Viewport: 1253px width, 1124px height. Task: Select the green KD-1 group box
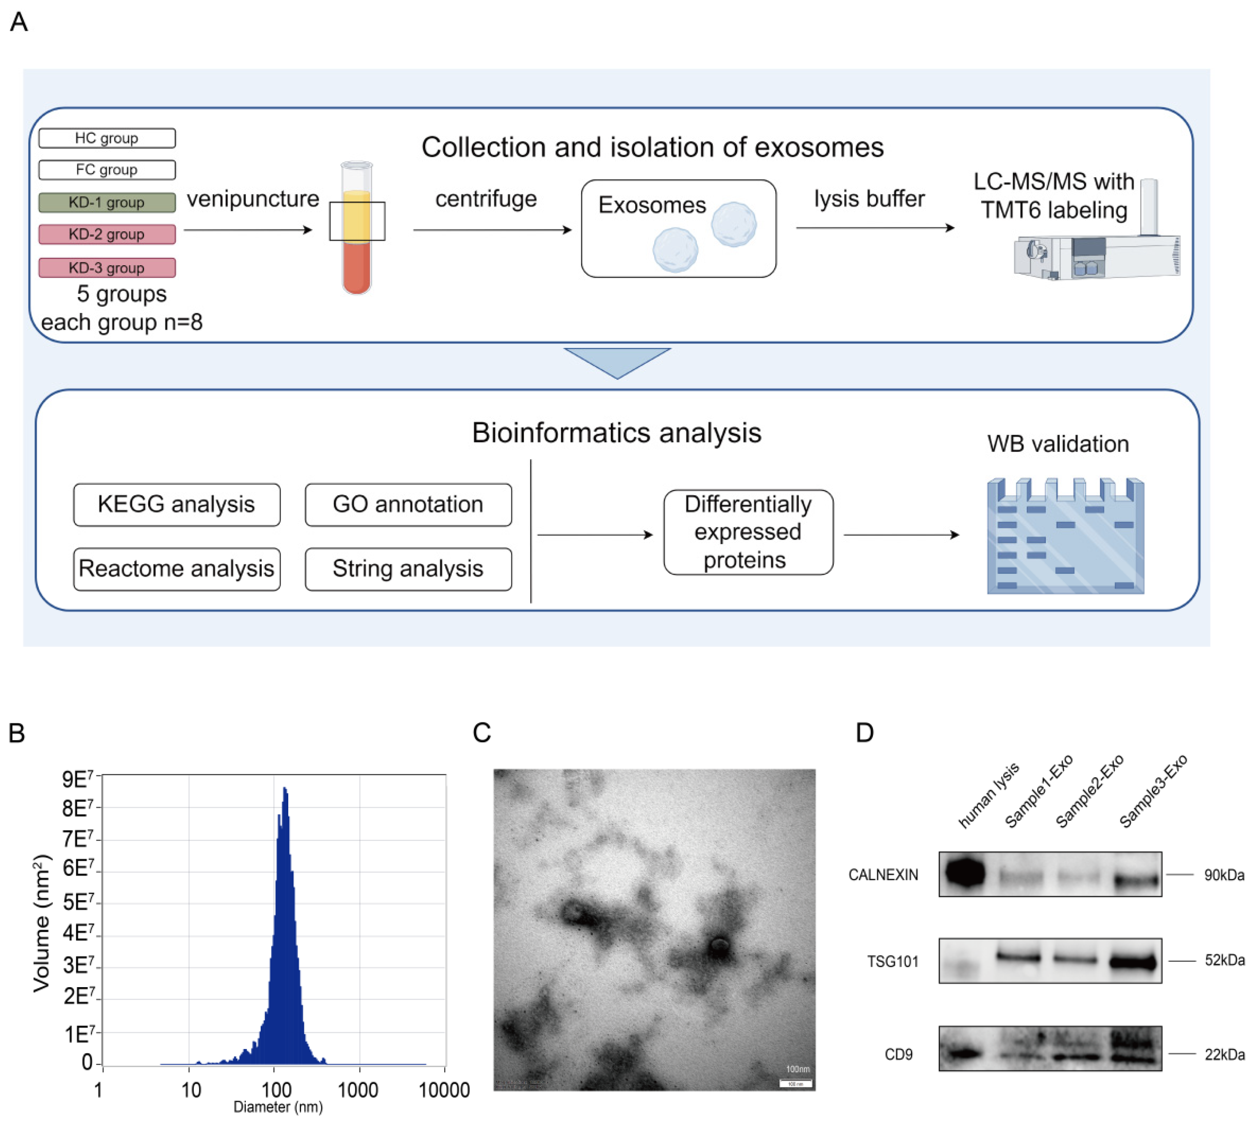point(107,202)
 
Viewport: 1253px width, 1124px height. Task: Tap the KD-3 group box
point(107,267)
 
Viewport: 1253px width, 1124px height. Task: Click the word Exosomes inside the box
point(652,205)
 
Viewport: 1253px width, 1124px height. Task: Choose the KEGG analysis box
point(177,505)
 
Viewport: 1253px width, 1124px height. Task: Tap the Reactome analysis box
point(177,569)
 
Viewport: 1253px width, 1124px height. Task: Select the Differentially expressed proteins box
point(748,532)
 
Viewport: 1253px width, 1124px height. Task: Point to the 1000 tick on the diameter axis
point(358,1090)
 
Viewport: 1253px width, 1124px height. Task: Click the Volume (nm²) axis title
point(41,923)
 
